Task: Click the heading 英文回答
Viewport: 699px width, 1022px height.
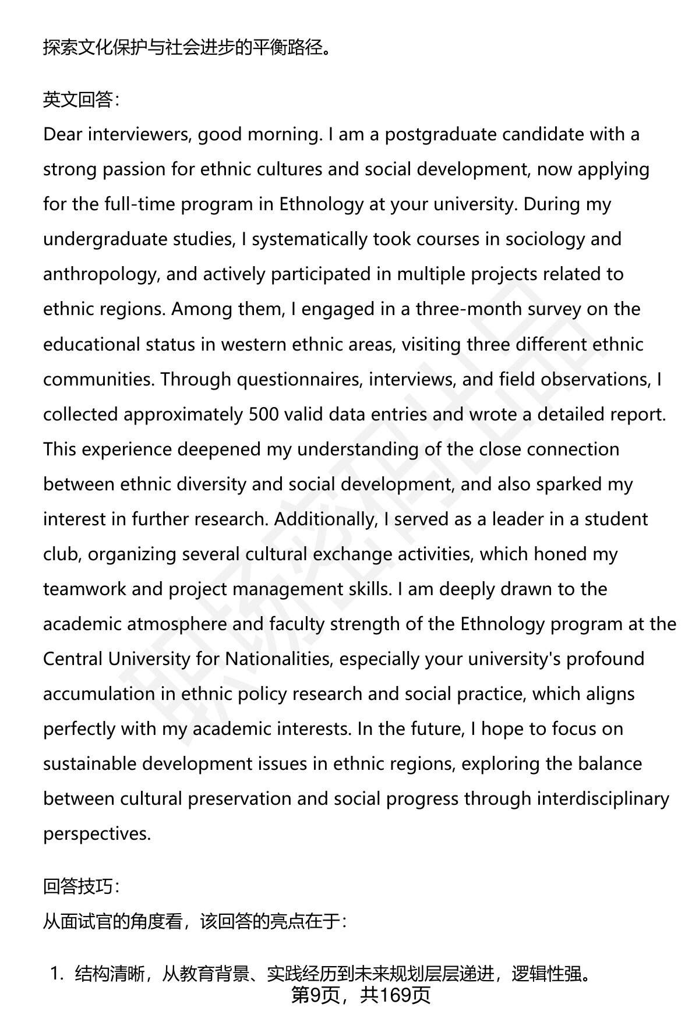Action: [80, 100]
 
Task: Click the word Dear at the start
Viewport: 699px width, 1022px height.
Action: [62, 135]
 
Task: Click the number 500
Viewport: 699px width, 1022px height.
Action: [266, 414]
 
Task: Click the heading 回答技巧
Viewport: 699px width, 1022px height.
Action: [80, 886]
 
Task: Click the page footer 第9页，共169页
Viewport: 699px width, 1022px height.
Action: [361, 995]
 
